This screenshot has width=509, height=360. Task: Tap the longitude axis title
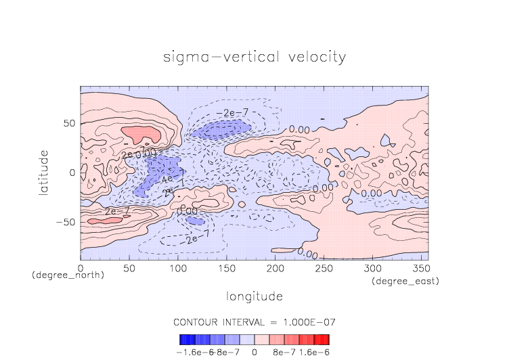coord(254,296)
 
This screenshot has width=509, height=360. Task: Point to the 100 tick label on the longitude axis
coord(177,269)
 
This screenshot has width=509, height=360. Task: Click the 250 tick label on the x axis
coord(323,269)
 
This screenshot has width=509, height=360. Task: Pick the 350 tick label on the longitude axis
coord(420,269)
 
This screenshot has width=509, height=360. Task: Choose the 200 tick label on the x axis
coord(275,269)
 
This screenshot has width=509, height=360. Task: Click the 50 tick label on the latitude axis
coord(69,124)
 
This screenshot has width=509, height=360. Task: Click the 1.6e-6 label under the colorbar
coord(314,352)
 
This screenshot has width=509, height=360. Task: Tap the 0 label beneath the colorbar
coord(254,352)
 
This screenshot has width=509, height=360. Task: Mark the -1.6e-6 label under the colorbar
coord(192,352)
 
